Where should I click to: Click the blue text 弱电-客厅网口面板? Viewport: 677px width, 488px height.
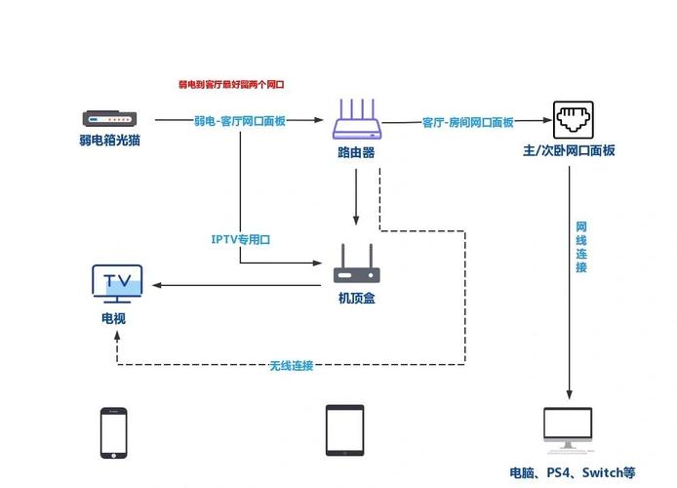pyautogui.click(x=240, y=121)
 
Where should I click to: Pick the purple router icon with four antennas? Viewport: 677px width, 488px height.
pyautogui.click(x=356, y=120)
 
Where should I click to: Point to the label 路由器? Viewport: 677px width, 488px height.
pyautogui.click(x=356, y=153)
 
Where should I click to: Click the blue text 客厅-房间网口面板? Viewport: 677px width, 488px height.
pyautogui.click(x=468, y=122)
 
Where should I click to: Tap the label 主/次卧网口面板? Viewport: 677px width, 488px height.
pyautogui.click(x=569, y=150)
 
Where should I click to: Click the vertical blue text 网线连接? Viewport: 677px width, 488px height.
pyautogui.click(x=580, y=247)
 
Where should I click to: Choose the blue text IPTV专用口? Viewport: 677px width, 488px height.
pyautogui.click(x=240, y=238)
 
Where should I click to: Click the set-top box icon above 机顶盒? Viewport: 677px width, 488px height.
pyautogui.click(x=356, y=264)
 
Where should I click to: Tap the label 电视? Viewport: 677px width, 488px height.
pyautogui.click(x=112, y=318)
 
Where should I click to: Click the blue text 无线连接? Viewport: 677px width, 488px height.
pyautogui.click(x=292, y=365)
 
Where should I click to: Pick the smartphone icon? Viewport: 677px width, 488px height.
pyautogui.click(x=113, y=431)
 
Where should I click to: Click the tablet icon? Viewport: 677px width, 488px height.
pyautogui.click(x=344, y=430)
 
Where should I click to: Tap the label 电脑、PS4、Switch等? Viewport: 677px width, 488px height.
pyautogui.click(x=573, y=472)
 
